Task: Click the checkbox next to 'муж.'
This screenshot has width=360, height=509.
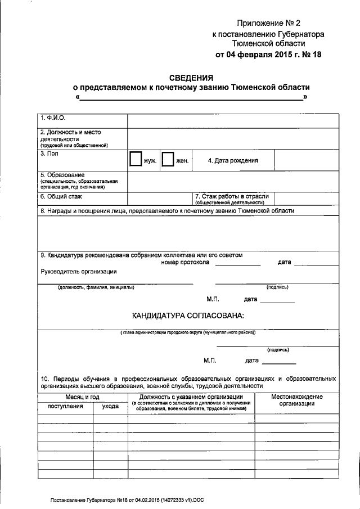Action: pos(135,160)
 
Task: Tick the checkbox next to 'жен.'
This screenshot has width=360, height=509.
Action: pos(167,160)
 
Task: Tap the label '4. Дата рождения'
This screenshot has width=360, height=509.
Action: pos(233,160)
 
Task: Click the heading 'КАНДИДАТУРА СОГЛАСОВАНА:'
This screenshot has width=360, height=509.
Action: pos(188,316)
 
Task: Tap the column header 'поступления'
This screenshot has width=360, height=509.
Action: pos(65,406)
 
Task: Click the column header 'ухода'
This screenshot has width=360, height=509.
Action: pos(110,406)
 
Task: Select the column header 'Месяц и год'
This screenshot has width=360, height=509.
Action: pos(83,397)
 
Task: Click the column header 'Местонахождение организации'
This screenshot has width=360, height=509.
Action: pos(296,400)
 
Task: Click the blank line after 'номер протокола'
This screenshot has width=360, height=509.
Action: pos(238,263)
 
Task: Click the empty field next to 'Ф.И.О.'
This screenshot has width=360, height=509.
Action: pos(233,120)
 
